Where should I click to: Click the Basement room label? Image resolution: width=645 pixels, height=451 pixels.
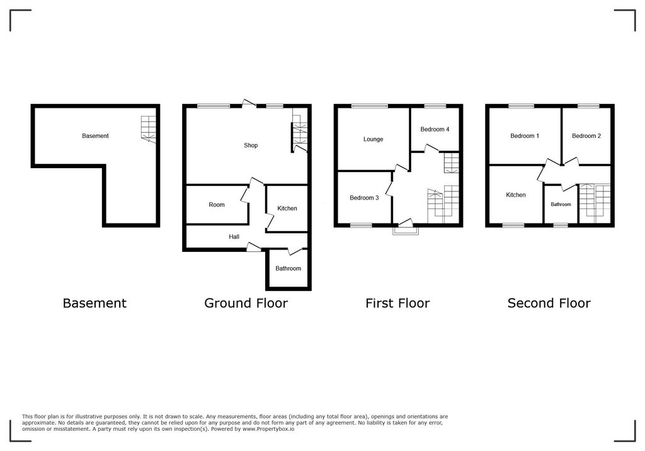95,136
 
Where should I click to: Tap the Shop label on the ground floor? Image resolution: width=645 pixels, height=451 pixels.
251,146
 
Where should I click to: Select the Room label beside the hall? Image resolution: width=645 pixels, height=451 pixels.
217,205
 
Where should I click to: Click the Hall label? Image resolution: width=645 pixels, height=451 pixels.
234,237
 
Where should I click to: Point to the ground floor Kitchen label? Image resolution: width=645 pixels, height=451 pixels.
287,208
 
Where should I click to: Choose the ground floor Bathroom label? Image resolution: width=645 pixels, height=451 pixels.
288,268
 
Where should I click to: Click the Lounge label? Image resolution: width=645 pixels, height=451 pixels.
373,139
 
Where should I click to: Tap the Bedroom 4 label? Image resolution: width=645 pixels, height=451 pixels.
435,130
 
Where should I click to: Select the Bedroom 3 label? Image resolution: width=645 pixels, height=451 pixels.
364,198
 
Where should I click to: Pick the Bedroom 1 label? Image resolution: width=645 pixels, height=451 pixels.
525,136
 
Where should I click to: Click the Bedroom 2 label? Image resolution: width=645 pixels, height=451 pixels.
586,136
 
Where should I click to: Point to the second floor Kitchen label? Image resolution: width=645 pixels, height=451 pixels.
516,195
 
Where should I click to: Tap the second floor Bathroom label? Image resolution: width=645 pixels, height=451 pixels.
561,204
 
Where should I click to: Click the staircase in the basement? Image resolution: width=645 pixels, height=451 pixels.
147,129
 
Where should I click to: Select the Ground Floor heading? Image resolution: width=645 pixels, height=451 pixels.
246,304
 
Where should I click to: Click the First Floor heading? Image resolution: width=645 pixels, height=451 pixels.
397,304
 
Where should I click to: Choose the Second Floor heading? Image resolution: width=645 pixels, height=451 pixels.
549,304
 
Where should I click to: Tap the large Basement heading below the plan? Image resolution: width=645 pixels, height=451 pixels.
94,304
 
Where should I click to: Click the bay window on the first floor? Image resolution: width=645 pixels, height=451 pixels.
405,230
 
